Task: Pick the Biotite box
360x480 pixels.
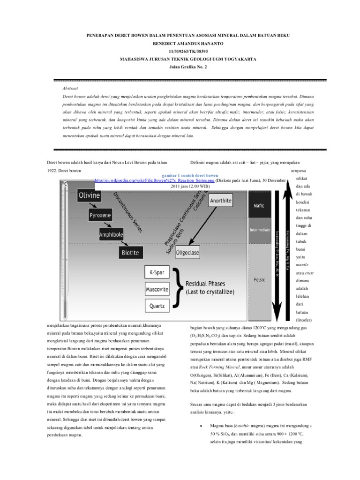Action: pyautogui.click(x=130, y=253)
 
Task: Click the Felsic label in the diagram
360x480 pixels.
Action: pyautogui.click(x=259, y=279)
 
